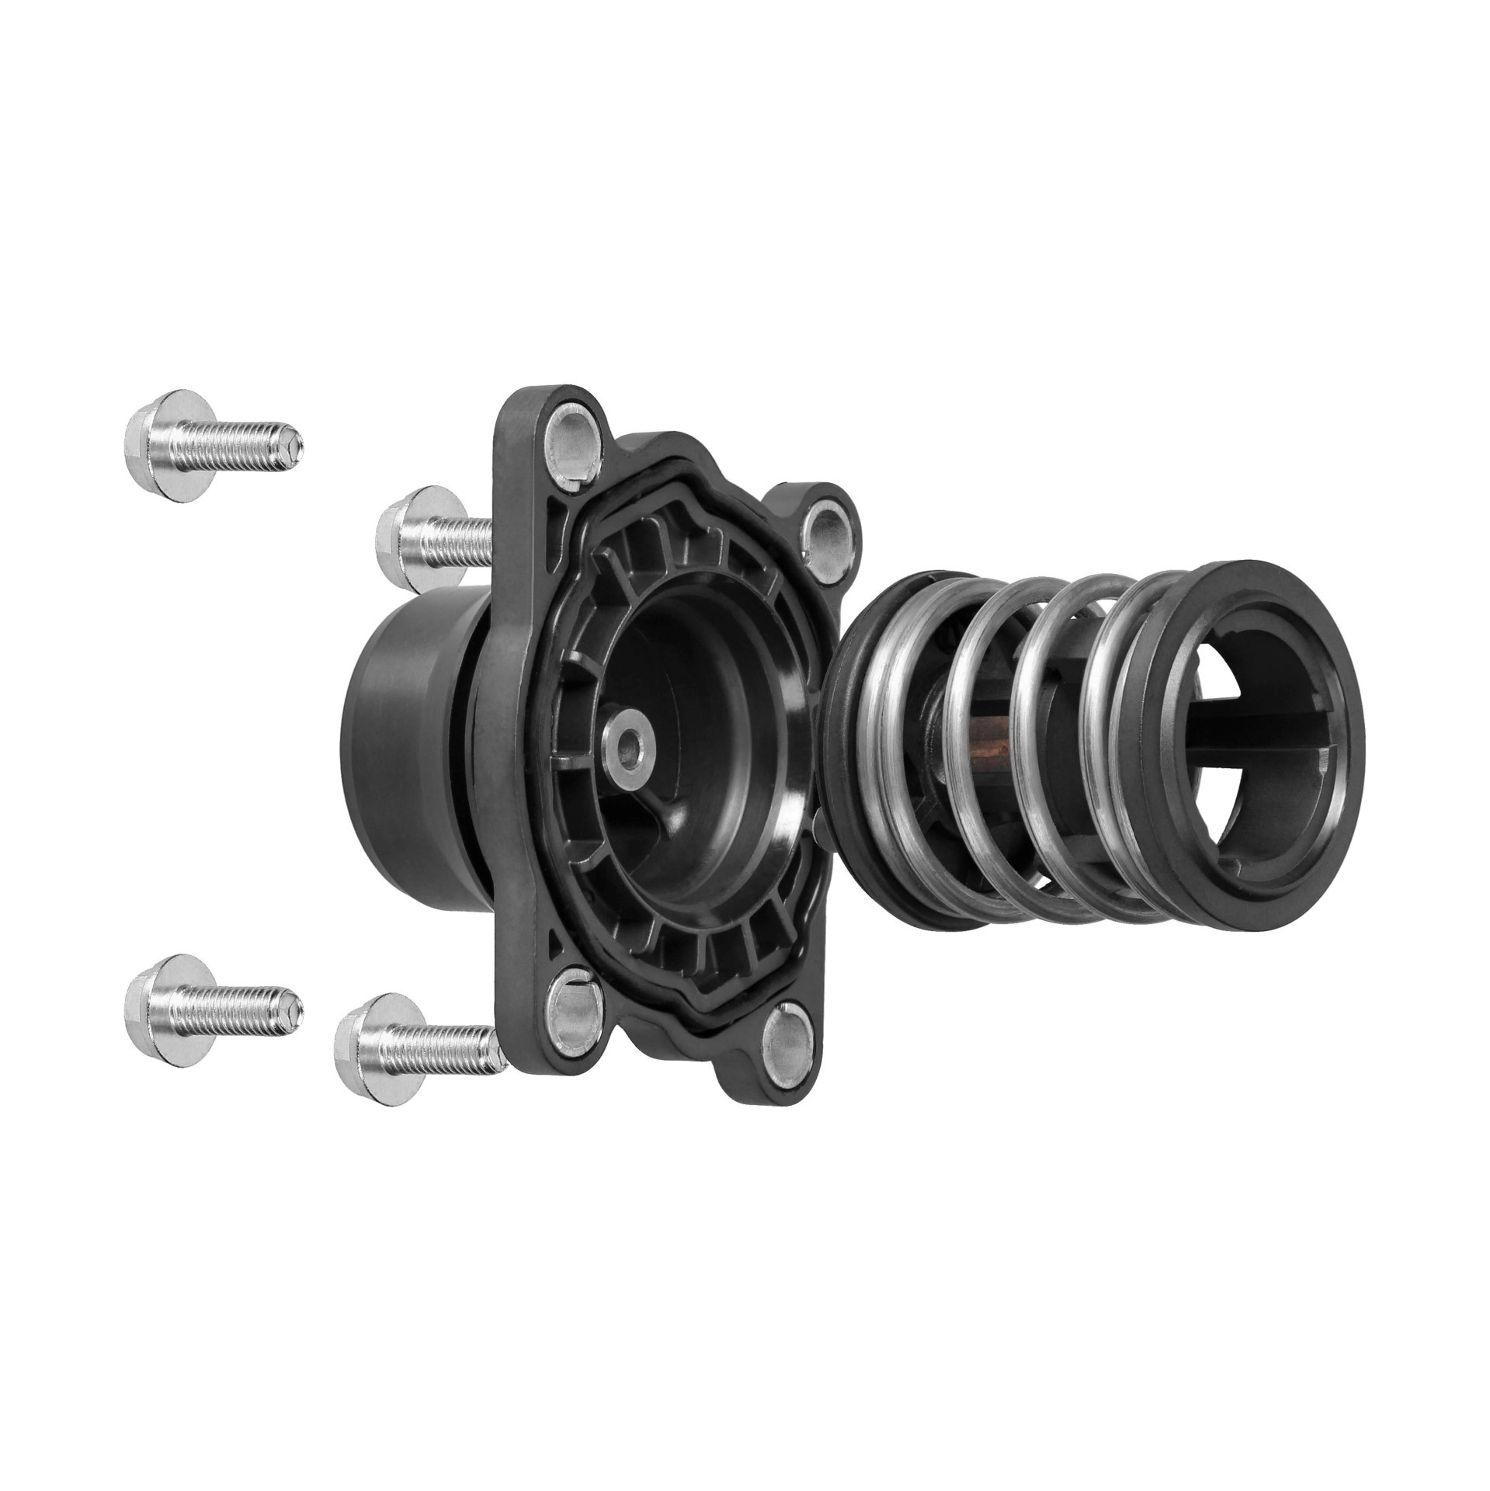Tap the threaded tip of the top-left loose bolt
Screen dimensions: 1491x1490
pyautogui.click(x=290, y=446)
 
